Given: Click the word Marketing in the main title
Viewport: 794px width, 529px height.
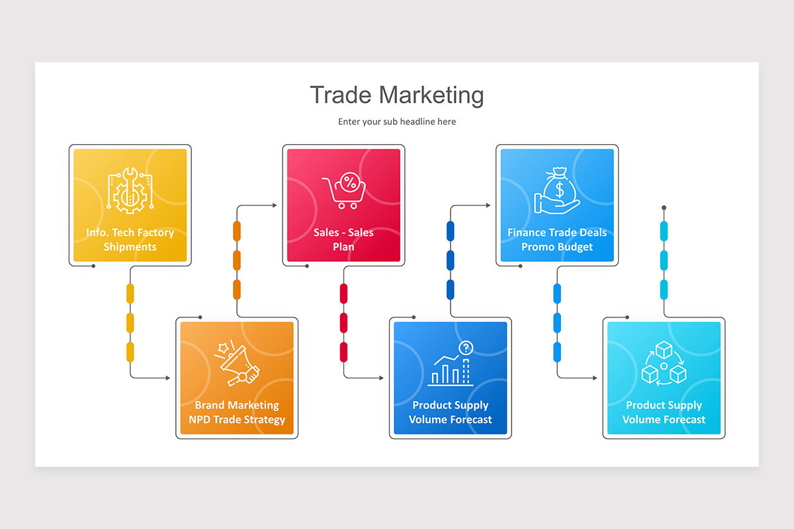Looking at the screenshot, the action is tap(431, 95).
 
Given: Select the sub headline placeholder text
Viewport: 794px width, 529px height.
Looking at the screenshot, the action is tap(397, 122).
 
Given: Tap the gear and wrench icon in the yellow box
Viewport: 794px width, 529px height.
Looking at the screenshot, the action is tap(130, 190).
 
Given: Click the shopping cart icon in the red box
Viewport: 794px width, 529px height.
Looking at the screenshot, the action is tap(344, 190).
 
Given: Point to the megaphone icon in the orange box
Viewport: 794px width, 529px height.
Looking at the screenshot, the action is tap(237, 364).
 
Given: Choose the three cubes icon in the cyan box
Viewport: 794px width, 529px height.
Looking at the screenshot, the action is tap(664, 363).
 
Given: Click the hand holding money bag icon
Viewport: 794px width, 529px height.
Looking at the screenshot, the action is tap(557, 190).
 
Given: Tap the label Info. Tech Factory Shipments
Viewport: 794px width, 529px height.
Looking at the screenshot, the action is tap(130, 239).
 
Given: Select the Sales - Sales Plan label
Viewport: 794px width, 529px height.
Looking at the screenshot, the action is tap(343, 239).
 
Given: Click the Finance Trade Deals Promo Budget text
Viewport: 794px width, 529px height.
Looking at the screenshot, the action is tap(557, 239).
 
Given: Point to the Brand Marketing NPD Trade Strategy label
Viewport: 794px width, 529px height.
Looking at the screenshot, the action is tap(237, 412).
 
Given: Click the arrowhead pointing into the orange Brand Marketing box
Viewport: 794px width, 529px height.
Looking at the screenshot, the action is tap(168, 378).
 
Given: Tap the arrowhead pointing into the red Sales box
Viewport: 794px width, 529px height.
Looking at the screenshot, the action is tap(275, 205).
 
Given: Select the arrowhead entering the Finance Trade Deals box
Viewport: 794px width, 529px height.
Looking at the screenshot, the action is tap(488, 205).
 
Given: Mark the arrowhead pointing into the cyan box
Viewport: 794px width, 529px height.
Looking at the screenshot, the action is tap(595, 378).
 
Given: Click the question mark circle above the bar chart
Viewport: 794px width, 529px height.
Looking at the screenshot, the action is tap(466, 348).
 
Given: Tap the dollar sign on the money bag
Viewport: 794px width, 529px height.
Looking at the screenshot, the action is tap(559, 190).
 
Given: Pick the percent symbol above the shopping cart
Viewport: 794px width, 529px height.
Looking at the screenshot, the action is tap(350, 183).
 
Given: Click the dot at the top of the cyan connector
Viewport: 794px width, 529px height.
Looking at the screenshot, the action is tap(664, 208).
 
